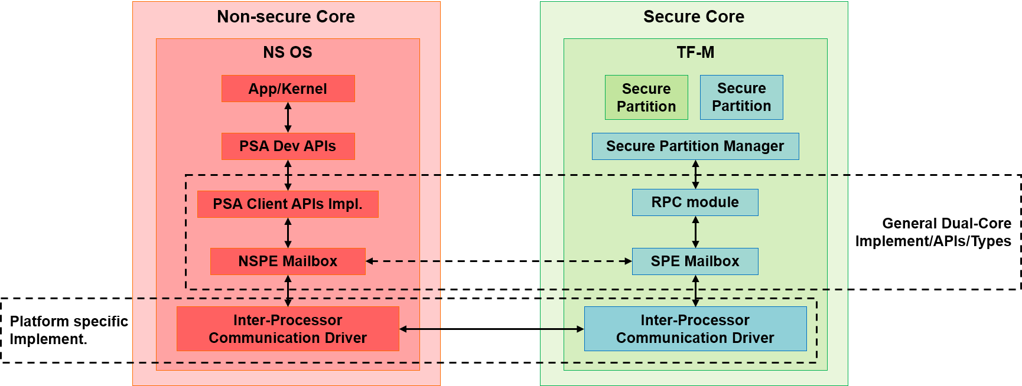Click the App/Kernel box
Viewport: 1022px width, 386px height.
tap(288, 89)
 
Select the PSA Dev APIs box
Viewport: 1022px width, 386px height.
tap(288, 146)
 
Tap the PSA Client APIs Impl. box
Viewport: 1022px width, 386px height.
tap(288, 204)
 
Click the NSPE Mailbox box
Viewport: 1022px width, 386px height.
tap(288, 261)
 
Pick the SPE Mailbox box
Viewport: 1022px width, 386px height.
tap(695, 261)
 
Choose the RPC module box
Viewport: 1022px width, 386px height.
tap(695, 202)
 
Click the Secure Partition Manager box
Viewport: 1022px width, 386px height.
tap(695, 146)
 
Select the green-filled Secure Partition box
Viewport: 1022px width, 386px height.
tap(646, 97)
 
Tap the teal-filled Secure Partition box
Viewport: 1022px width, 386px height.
tap(741, 97)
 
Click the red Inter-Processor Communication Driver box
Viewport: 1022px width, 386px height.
tap(288, 329)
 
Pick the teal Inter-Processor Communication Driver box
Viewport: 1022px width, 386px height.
tap(695, 329)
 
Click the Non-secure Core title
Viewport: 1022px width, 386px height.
tap(286, 17)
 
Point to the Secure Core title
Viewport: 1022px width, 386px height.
tap(694, 17)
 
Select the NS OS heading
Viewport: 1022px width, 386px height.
tap(288, 52)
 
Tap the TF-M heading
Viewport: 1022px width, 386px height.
tap(695, 52)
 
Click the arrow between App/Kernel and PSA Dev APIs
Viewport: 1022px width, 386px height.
tap(288, 117)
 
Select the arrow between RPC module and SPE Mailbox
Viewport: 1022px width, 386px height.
tap(695, 232)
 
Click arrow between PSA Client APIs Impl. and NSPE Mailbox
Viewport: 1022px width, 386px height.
tap(288, 233)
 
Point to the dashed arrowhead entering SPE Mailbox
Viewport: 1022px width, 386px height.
tap(628, 261)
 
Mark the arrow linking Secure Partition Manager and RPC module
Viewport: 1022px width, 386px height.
tap(695, 175)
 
